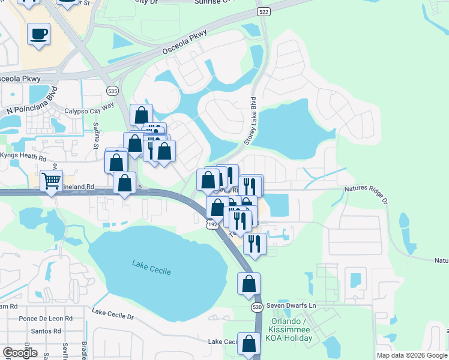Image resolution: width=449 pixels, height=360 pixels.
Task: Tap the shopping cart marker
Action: click(x=52, y=180)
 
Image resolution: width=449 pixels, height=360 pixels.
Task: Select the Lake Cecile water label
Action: click(x=151, y=268)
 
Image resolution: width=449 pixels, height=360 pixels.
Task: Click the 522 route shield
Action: click(x=262, y=12)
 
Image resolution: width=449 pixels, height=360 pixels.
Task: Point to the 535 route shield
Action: click(x=112, y=91)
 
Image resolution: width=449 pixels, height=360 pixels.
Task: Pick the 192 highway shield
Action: click(x=211, y=223)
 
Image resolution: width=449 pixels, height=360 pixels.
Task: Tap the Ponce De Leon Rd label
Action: click(x=46, y=319)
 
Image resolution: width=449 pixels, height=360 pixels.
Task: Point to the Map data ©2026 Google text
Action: click(x=411, y=355)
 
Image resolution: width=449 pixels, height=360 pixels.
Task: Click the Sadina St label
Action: click(x=95, y=138)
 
